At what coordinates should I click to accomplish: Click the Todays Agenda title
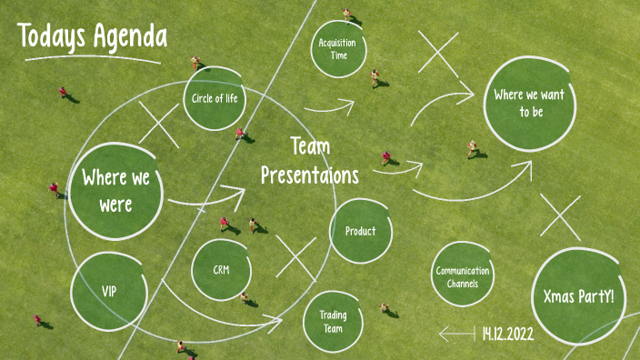point(92,36)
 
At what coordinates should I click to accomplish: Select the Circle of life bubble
point(215,98)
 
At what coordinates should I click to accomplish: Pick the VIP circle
point(108,291)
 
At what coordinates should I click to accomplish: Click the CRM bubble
point(221,270)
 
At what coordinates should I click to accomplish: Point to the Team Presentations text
point(310,161)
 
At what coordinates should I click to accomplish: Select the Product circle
point(360,231)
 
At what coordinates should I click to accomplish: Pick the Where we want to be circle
point(531,104)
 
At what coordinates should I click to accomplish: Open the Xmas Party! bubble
point(577,297)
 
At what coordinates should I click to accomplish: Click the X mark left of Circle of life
point(159,125)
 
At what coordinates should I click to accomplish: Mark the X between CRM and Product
point(295,257)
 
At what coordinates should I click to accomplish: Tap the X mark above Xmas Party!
point(560,218)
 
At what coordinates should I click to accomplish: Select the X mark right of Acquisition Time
point(439,53)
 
